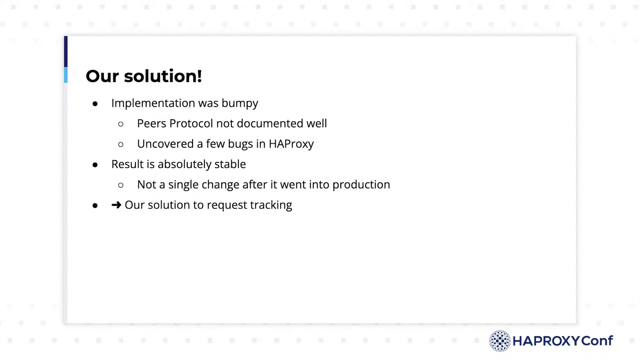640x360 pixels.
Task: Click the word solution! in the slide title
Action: (x=163, y=76)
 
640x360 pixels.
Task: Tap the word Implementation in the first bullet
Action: (x=153, y=104)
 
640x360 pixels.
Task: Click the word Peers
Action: (x=152, y=123)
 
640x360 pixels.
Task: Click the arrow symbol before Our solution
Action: (x=116, y=205)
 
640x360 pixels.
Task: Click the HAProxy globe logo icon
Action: (x=500, y=341)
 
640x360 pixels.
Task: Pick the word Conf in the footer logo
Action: (x=597, y=341)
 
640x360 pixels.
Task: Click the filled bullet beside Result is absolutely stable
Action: (x=95, y=165)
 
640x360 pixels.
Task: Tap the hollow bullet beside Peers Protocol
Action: (x=121, y=124)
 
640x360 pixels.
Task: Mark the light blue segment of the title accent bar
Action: (x=66, y=75)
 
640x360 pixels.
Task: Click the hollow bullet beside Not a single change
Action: (x=121, y=185)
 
